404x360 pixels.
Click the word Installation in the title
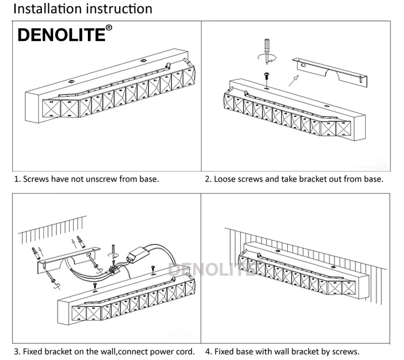[x=48, y=9]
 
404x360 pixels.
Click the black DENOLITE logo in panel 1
[x=61, y=35]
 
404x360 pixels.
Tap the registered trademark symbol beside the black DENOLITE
[x=109, y=28]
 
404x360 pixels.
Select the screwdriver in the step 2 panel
[x=267, y=51]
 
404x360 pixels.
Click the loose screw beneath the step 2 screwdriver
[x=267, y=76]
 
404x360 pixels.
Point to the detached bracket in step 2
[x=330, y=72]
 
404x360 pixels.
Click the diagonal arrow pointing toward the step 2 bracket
[x=294, y=80]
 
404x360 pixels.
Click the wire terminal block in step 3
[x=114, y=269]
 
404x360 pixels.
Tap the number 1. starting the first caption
[x=17, y=179]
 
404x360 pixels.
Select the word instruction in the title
[x=119, y=9]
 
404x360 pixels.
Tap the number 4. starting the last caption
[x=209, y=351]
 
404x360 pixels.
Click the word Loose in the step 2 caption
[x=225, y=179]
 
